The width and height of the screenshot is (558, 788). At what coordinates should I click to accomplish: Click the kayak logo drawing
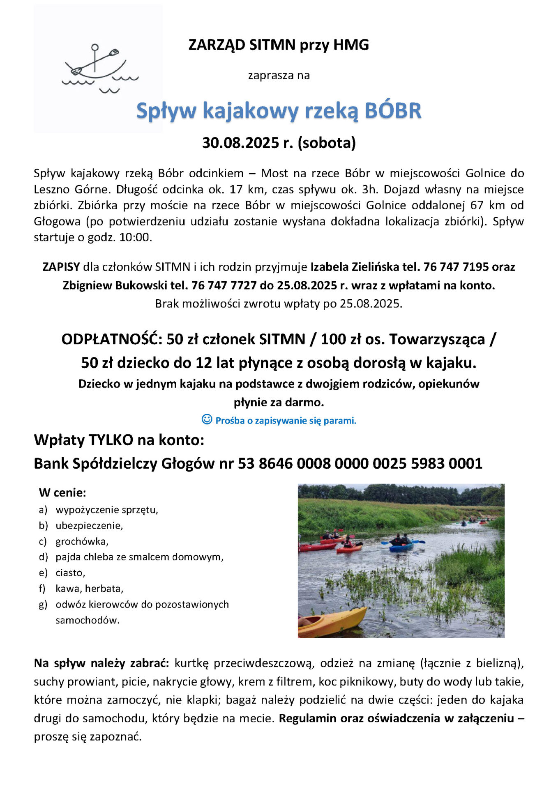pos(98,68)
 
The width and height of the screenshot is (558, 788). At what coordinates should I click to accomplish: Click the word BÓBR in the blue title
pos(393,111)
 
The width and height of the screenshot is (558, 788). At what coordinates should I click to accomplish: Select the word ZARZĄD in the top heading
pos(217,45)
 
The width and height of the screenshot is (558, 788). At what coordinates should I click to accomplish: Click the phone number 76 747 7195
pos(456,267)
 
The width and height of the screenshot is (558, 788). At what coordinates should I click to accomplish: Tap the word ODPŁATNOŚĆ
pos(112,339)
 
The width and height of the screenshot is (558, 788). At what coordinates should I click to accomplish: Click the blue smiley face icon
pos(207,419)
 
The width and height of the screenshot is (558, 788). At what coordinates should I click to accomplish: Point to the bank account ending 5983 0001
pos(447,464)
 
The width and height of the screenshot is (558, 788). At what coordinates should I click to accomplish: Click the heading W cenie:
pos(62,492)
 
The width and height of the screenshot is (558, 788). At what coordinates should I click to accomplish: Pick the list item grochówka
pos(82,541)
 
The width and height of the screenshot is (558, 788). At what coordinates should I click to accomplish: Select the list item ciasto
pos(70,573)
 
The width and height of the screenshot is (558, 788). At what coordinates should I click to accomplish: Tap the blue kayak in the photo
pos(401,547)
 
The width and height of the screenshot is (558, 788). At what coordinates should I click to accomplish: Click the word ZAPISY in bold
pos(61,267)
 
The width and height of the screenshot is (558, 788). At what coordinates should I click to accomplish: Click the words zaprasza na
pos(279,76)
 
